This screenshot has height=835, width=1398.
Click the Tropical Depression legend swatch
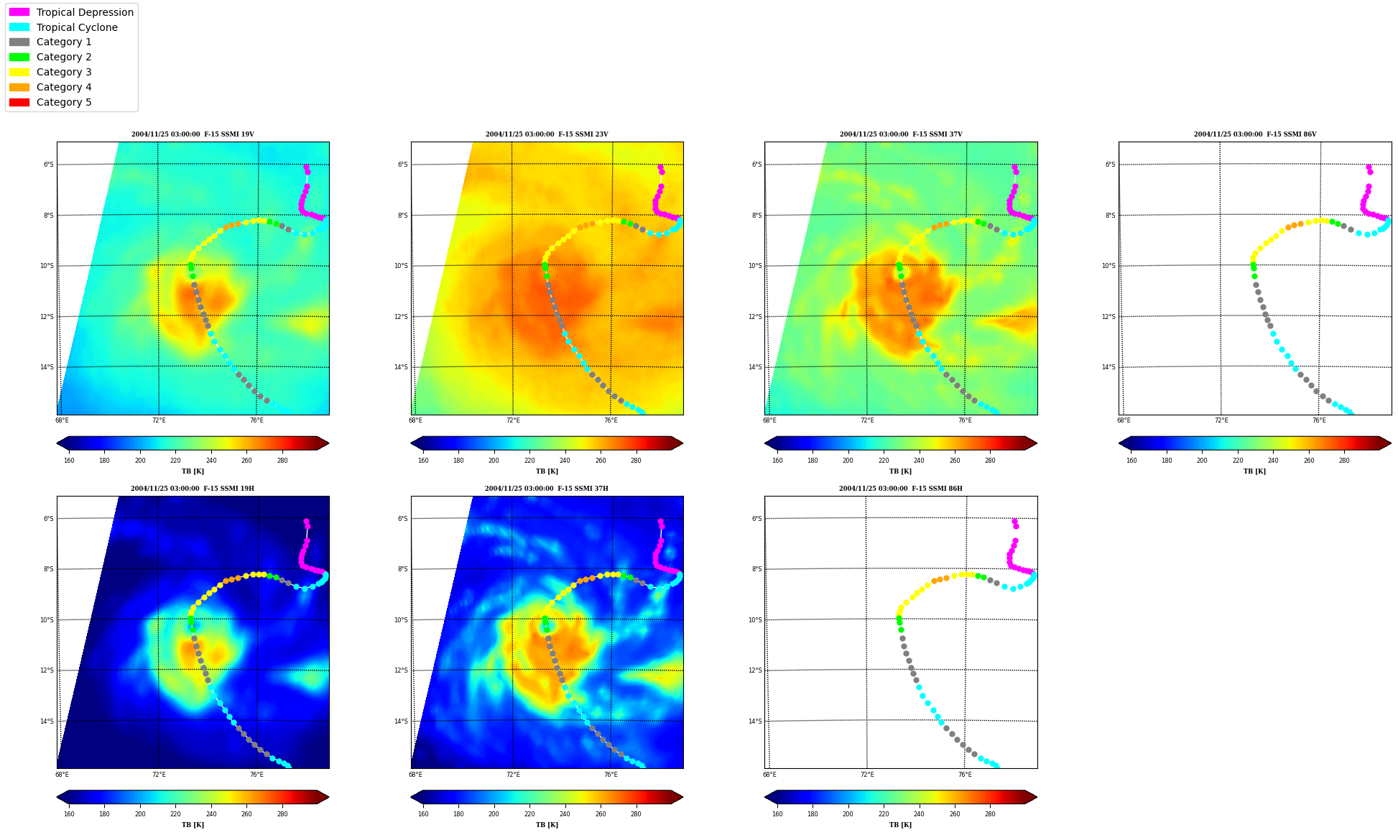click(x=19, y=12)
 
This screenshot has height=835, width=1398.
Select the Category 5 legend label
click(x=64, y=102)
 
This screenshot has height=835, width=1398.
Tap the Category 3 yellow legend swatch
click(x=19, y=72)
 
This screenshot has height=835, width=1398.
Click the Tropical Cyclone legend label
click(x=77, y=27)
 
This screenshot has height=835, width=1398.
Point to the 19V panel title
click(x=193, y=134)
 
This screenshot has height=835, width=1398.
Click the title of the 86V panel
click(x=1255, y=134)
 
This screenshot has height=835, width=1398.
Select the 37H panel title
click(x=547, y=489)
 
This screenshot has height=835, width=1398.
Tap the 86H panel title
click(x=901, y=489)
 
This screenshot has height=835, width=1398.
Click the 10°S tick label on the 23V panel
click(x=401, y=266)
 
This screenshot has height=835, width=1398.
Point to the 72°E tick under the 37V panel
click(x=867, y=420)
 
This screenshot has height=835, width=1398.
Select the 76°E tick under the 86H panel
click(x=965, y=775)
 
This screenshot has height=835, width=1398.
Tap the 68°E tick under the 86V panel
click(x=1124, y=420)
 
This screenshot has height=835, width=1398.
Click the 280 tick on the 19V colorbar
click(x=282, y=461)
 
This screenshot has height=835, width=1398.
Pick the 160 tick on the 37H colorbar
click(x=423, y=815)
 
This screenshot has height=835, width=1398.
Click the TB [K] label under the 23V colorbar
click(x=547, y=471)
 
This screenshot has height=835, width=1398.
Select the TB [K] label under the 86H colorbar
click(x=901, y=825)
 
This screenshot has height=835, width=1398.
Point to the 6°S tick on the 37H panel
click(x=402, y=519)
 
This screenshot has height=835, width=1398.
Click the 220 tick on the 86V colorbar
click(x=1238, y=461)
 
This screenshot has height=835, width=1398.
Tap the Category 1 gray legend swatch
click(x=19, y=42)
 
